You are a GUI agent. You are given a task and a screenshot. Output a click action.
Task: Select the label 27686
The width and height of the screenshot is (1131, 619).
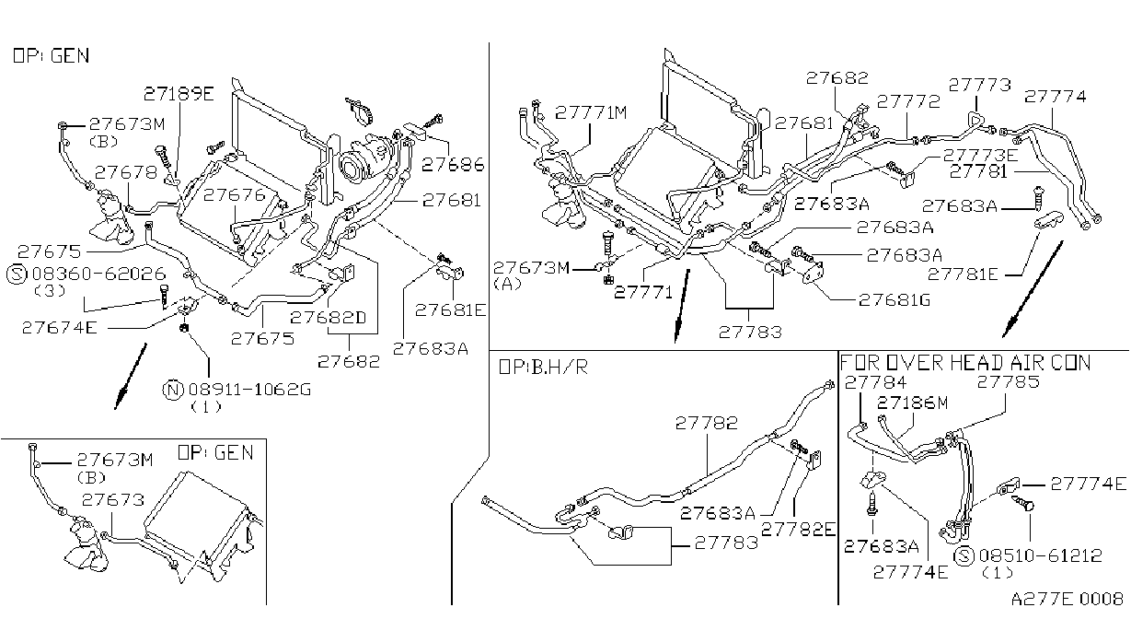click(x=453, y=165)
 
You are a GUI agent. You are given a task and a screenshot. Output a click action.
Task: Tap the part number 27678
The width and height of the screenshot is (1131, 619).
click(x=126, y=172)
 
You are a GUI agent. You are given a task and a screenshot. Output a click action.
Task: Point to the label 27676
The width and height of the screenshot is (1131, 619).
click(x=235, y=195)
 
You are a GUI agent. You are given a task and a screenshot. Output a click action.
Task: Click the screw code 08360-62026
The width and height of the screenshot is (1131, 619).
click(x=99, y=274)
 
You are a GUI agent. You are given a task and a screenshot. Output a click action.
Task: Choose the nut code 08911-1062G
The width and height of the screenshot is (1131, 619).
click(x=250, y=390)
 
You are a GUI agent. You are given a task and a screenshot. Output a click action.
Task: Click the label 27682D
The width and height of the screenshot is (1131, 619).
click(x=329, y=318)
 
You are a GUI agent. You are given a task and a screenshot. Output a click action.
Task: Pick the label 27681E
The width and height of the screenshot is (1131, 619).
click(x=450, y=310)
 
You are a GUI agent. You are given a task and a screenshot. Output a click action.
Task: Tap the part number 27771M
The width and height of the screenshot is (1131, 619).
click(x=591, y=112)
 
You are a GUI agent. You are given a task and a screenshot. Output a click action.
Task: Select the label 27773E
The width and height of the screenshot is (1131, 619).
click(x=980, y=155)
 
